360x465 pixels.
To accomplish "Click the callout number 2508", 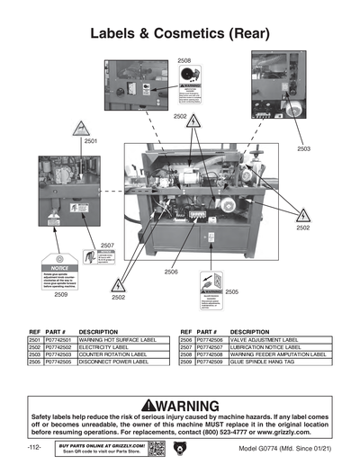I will click(184, 60).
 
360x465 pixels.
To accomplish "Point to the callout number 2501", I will click(91, 142).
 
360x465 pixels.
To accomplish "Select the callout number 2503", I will click(303, 148).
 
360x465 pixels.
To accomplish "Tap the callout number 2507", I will click(106, 245).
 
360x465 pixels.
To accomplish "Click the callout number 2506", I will click(170, 271).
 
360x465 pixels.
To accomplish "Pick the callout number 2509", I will click(60, 294).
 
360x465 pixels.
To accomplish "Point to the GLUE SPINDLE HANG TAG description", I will click(269, 362).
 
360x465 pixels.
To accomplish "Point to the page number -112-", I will click(36, 447).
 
